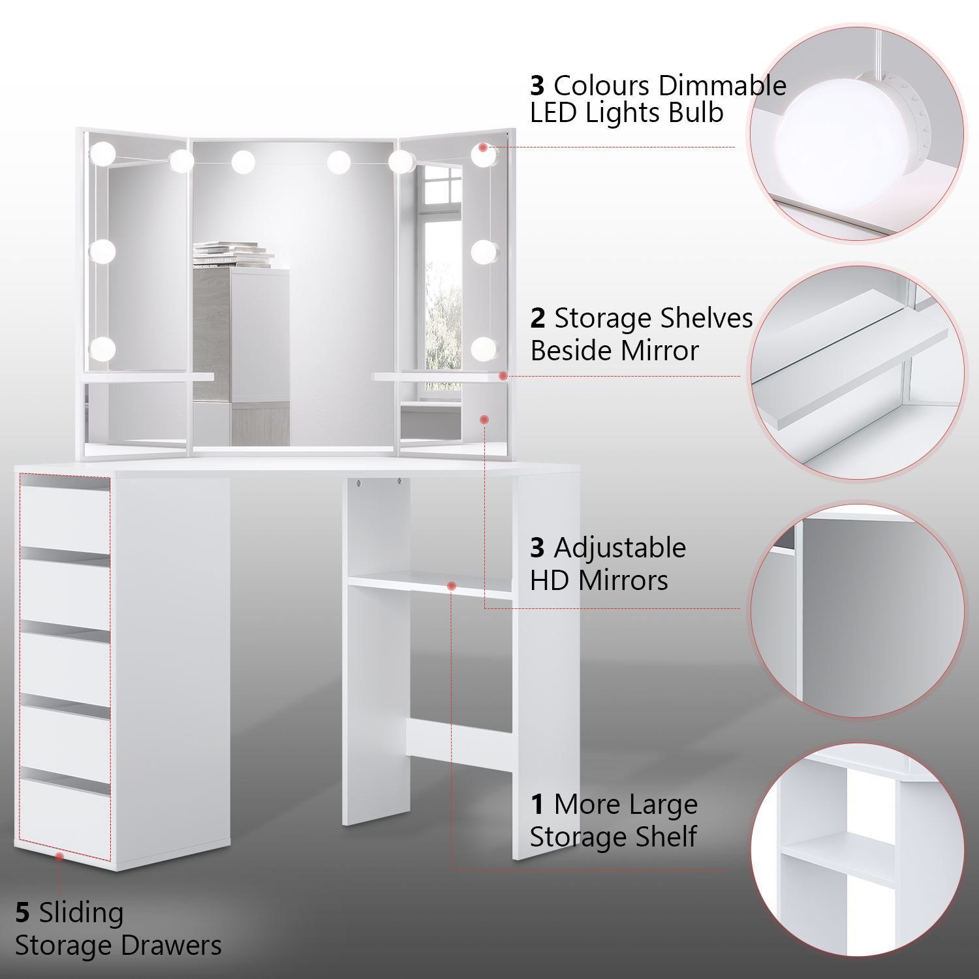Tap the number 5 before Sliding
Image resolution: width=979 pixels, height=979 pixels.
22,913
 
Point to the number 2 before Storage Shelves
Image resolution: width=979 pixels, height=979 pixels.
538,319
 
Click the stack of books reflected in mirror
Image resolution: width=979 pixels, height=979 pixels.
232,255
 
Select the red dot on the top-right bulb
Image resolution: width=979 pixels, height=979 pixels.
483,148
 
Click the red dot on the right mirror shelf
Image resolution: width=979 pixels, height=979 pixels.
503,376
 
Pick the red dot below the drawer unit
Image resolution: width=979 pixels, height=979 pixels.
59,856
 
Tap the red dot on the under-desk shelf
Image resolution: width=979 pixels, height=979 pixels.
452,586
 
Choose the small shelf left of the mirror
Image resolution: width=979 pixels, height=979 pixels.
147,377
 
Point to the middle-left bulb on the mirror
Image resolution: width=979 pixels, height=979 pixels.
102,251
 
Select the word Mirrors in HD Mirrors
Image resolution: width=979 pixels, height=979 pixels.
623,580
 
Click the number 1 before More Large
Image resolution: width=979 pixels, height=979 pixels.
537,805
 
